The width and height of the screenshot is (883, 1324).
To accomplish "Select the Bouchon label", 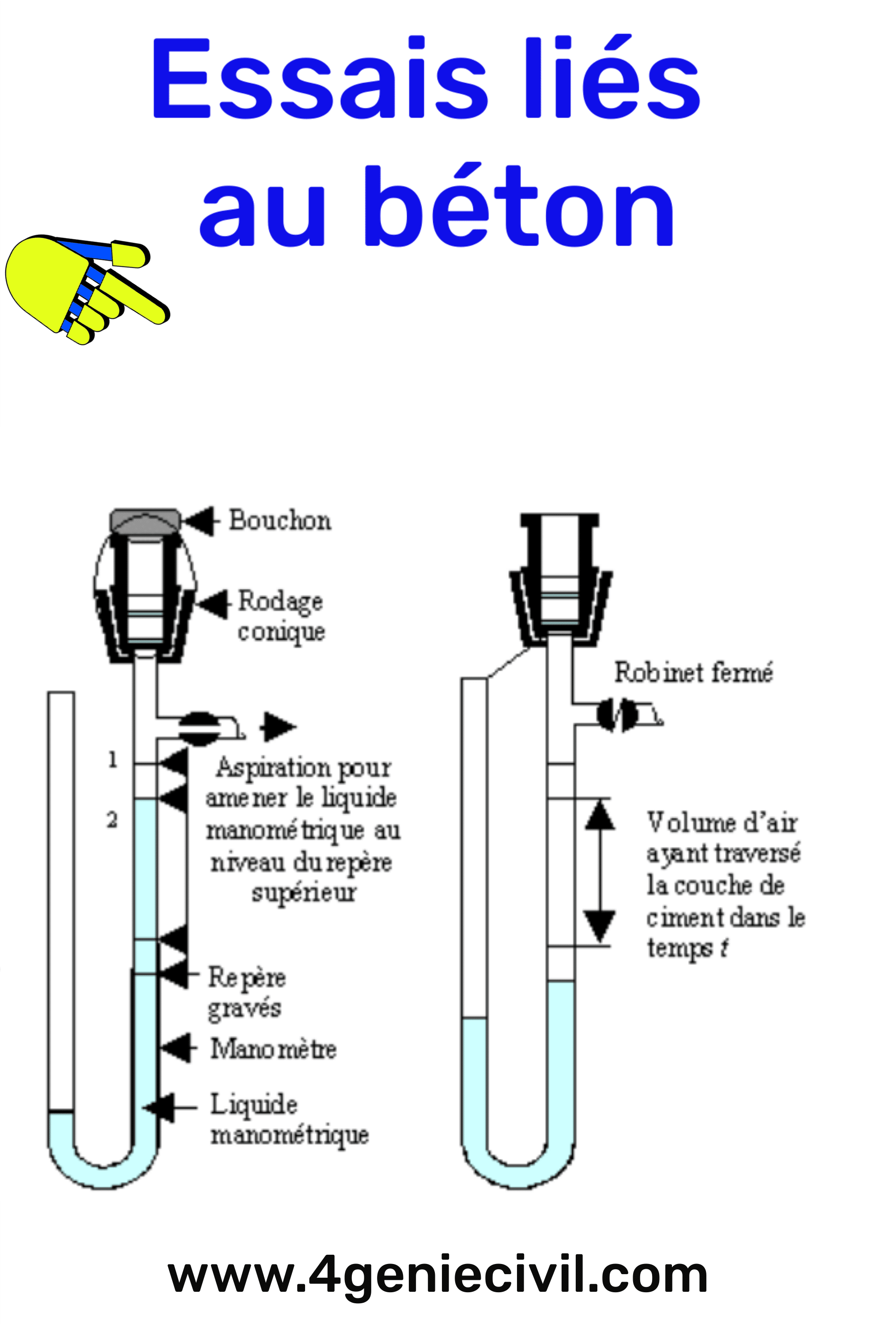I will pos(280,521).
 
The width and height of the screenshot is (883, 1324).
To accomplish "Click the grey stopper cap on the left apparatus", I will pos(145,520).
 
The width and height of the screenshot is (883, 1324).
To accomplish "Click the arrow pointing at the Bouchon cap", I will pos(200,521).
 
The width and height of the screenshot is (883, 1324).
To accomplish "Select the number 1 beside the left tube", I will pos(113,760).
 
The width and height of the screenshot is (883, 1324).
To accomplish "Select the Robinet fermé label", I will pos(693,673).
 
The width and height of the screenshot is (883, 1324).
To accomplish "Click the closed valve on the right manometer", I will pos(617,715).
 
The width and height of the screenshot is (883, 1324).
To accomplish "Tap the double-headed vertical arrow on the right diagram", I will pos(600,872).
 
